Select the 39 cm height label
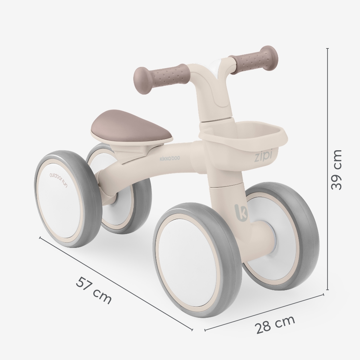point(336,170)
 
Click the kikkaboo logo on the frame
point(170,158)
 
